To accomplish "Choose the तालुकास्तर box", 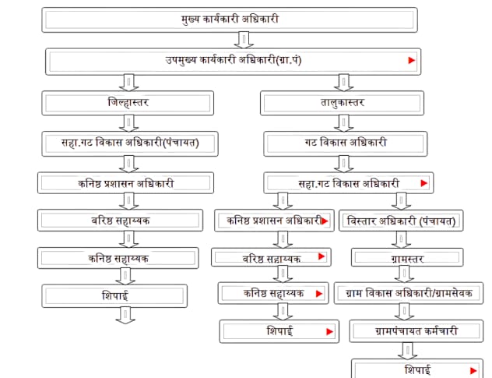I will pos(342,103).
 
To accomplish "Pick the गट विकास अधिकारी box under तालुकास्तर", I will pos(342,143).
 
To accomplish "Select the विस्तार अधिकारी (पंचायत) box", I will pos(399,221).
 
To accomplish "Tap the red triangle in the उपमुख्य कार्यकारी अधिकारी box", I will pos(412,60).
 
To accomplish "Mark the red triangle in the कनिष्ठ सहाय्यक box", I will pos(318,294).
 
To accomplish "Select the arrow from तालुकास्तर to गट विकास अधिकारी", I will pos(342,123).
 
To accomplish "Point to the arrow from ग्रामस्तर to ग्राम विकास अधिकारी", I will pos(402,274).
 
